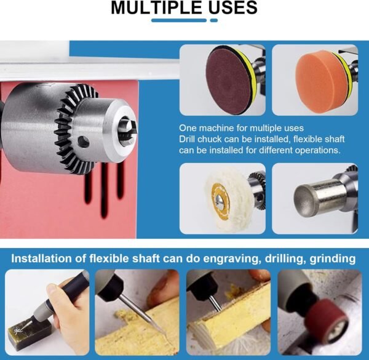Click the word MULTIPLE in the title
(x=156, y=7)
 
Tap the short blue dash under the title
(x=213, y=20)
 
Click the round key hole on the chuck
(x=83, y=142)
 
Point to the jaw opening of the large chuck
(x=127, y=131)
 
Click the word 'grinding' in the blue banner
(x=332, y=258)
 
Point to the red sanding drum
(x=327, y=318)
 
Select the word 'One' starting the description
(x=188, y=128)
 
